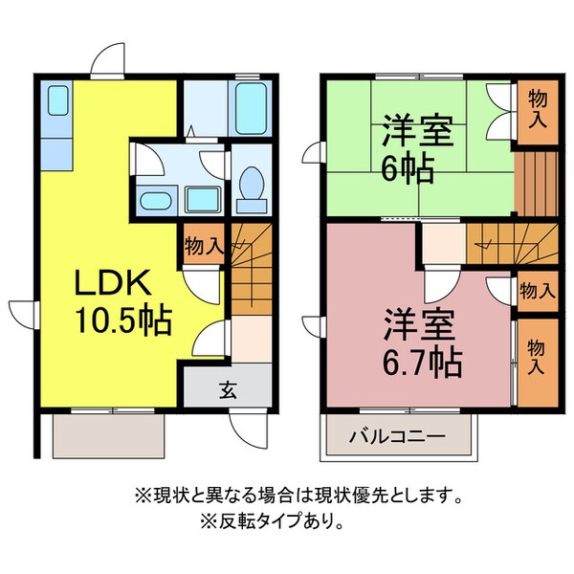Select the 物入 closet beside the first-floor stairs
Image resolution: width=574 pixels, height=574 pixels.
[x=203, y=244]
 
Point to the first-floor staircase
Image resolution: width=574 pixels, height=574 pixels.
[x=251, y=268]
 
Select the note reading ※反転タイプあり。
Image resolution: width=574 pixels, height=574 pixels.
[x=273, y=522]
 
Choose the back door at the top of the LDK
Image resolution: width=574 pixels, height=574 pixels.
[x=108, y=62]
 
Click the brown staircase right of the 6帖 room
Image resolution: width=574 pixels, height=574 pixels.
[x=536, y=182]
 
